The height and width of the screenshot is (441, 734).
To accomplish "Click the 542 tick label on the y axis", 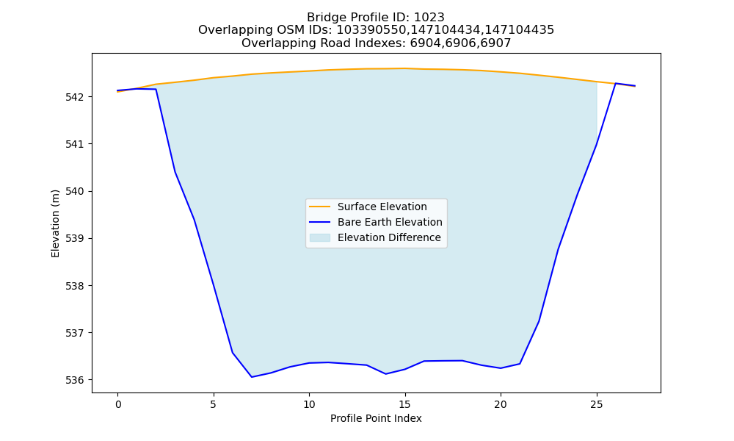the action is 75,97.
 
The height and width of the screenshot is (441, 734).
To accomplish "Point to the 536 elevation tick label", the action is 75,380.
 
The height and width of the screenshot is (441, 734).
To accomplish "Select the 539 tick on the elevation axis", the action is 75,239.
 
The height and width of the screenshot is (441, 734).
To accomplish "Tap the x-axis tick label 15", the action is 405,404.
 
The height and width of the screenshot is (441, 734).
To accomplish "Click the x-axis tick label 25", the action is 597,404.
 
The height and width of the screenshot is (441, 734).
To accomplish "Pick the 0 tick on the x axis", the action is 118,404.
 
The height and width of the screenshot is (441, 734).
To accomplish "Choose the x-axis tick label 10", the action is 309,404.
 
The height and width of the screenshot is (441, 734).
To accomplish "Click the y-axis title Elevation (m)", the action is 55,223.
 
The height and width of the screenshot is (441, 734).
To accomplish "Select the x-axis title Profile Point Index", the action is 376,418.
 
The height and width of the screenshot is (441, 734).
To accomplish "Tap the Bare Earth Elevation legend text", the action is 390,222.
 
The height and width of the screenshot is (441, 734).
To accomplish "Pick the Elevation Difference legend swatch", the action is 320,237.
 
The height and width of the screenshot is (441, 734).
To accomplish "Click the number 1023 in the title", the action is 429,18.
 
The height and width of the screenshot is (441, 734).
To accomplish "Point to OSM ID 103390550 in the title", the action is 372,30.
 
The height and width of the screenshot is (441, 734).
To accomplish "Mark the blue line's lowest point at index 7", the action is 252,377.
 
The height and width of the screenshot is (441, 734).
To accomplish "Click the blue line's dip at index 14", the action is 386,374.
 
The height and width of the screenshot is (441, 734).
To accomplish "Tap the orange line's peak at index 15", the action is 405,68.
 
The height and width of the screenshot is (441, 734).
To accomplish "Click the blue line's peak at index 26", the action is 616,83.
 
